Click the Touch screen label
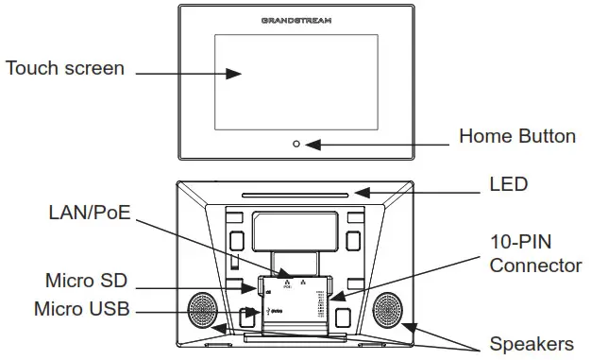[x=64, y=69]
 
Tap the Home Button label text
[x=516, y=136]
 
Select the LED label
[x=508, y=182]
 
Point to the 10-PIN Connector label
[x=534, y=253]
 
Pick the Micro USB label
[x=81, y=309]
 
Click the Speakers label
[x=531, y=343]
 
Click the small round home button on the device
[x=296, y=144]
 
